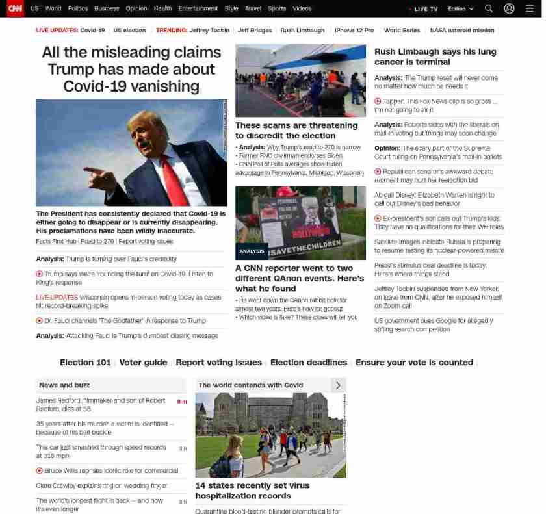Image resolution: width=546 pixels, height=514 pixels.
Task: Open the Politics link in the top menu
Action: click(x=78, y=9)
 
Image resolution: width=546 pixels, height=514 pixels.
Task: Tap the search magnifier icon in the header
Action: click(x=489, y=9)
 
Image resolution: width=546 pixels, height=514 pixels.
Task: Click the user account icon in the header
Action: click(x=509, y=9)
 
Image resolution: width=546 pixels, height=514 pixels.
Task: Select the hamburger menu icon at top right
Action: click(x=530, y=9)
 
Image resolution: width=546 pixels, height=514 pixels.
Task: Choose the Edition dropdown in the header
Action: click(x=461, y=9)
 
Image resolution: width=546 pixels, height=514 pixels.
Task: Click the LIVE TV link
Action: click(x=425, y=9)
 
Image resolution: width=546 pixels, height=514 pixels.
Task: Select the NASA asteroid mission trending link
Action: click(x=461, y=31)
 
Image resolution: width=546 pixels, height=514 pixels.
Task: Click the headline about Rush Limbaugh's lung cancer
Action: click(x=435, y=57)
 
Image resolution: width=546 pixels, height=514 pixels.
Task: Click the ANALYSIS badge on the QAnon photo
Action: click(x=252, y=251)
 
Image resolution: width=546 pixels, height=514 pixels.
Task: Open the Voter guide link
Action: click(x=143, y=363)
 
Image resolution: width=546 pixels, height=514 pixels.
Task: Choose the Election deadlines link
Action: click(x=308, y=363)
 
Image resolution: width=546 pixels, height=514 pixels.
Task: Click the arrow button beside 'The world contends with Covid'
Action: click(x=338, y=385)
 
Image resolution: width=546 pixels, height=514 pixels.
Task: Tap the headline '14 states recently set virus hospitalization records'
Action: click(x=252, y=491)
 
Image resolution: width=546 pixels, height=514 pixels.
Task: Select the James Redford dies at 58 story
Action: click(x=101, y=405)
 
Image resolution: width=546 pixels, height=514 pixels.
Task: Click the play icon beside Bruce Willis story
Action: click(x=40, y=470)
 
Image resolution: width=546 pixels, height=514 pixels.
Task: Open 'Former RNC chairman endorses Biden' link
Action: click(x=291, y=156)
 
